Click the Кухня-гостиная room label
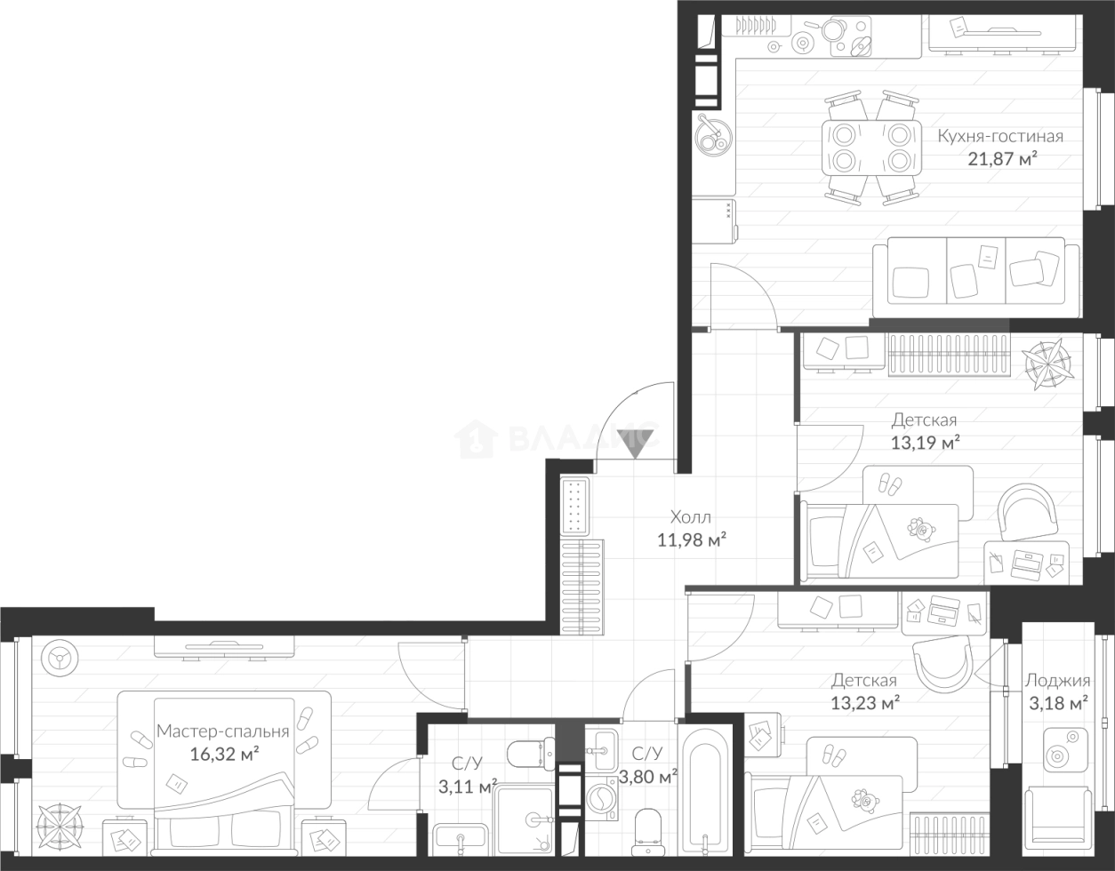coord(1000,136)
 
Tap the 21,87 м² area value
coord(1001,159)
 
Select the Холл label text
coord(691,517)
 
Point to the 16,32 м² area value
coord(224,754)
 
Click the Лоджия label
coord(1057,681)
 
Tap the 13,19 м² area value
coord(925,443)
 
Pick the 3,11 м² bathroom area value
coord(468,786)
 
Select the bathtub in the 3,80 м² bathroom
coord(705,796)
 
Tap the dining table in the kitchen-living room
coord(870,148)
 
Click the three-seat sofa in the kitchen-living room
coord(975,276)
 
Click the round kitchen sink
coord(713,135)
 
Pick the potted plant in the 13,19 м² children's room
coord(1047,364)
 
